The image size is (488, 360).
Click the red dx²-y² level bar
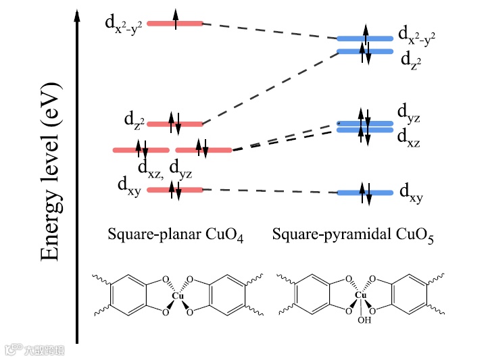pyautogui.click(x=174, y=24)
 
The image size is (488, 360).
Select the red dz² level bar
pyautogui.click(x=174, y=124)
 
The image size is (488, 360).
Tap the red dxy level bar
pyautogui.click(x=174, y=190)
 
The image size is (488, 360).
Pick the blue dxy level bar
pyautogui.click(x=365, y=193)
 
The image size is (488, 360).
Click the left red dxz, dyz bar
pyautogui.click(x=141, y=149)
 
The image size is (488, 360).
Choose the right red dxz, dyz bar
pyautogui.click(x=203, y=149)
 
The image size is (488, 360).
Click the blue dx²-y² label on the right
pyautogui.click(x=416, y=36)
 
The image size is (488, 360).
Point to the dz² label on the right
pyautogui.click(x=412, y=60)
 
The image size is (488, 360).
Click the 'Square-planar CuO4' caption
pyautogui.click(x=175, y=235)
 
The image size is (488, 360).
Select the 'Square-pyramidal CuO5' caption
pyautogui.click(x=353, y=235)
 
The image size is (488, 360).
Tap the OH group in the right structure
pyautogui.click(x=364, y=320)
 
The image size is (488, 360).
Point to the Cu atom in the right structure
pyautogui.click(x=360, y=295)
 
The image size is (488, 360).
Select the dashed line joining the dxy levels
pyautogui.click(x=270, y=191)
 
